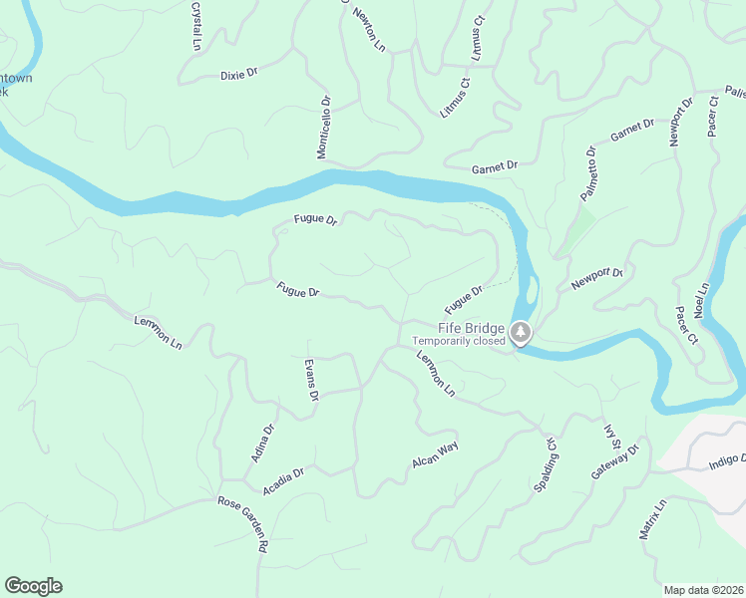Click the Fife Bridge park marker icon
coord(520,332)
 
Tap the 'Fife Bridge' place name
coord(472,327)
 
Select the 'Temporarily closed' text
coord(460,340)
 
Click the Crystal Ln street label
coord(195,26)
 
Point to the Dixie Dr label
coord(239,74)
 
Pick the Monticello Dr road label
coord(323,128)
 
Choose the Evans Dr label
coord(311,380)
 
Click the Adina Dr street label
coord(262,444)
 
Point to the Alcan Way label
coord(435,455)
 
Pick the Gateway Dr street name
coord(613,461)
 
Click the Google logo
coord(33,586)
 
